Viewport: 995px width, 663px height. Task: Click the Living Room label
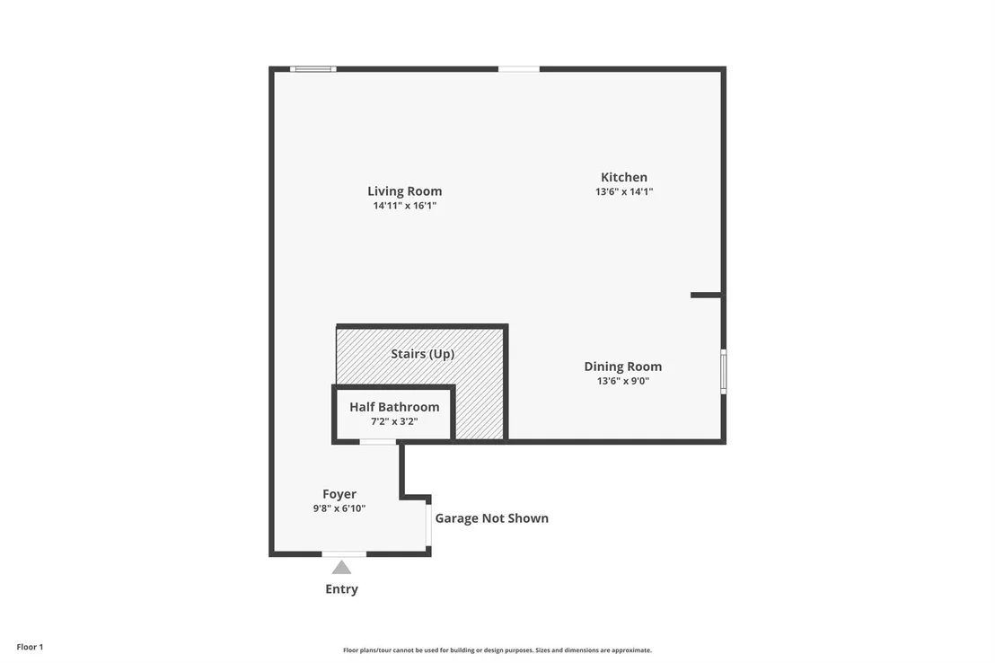pos(404,191)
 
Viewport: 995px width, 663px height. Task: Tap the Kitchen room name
pos(624,177)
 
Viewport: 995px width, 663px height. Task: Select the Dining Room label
pos(622,367)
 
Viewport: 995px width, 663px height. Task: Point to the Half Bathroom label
pos(394,407)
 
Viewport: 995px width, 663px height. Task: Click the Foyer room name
pos(339,494)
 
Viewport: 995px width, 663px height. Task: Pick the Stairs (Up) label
pos(423,354)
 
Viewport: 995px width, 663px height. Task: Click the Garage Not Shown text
pos(492,518)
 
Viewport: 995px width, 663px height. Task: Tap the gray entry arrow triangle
pos(341,567)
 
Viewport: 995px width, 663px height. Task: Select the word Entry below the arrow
pos(341,588)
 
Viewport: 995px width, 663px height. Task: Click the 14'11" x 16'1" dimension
pos(405,206)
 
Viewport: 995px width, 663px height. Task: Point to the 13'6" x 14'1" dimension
pos(624,191)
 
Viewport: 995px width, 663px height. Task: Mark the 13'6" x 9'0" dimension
pos(622,381)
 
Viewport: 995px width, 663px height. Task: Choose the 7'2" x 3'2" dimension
pos(394,421)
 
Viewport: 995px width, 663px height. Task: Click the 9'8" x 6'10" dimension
pos(339,508)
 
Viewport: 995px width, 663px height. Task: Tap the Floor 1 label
pos(30,647)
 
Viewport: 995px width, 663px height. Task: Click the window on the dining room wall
pos(724,372)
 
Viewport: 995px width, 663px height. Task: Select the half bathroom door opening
pos(378,441)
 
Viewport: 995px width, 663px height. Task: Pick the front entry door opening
pos(344,554)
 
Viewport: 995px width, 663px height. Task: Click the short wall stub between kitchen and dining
pos(706,295)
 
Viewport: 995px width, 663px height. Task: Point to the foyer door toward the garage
pos(428,525)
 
